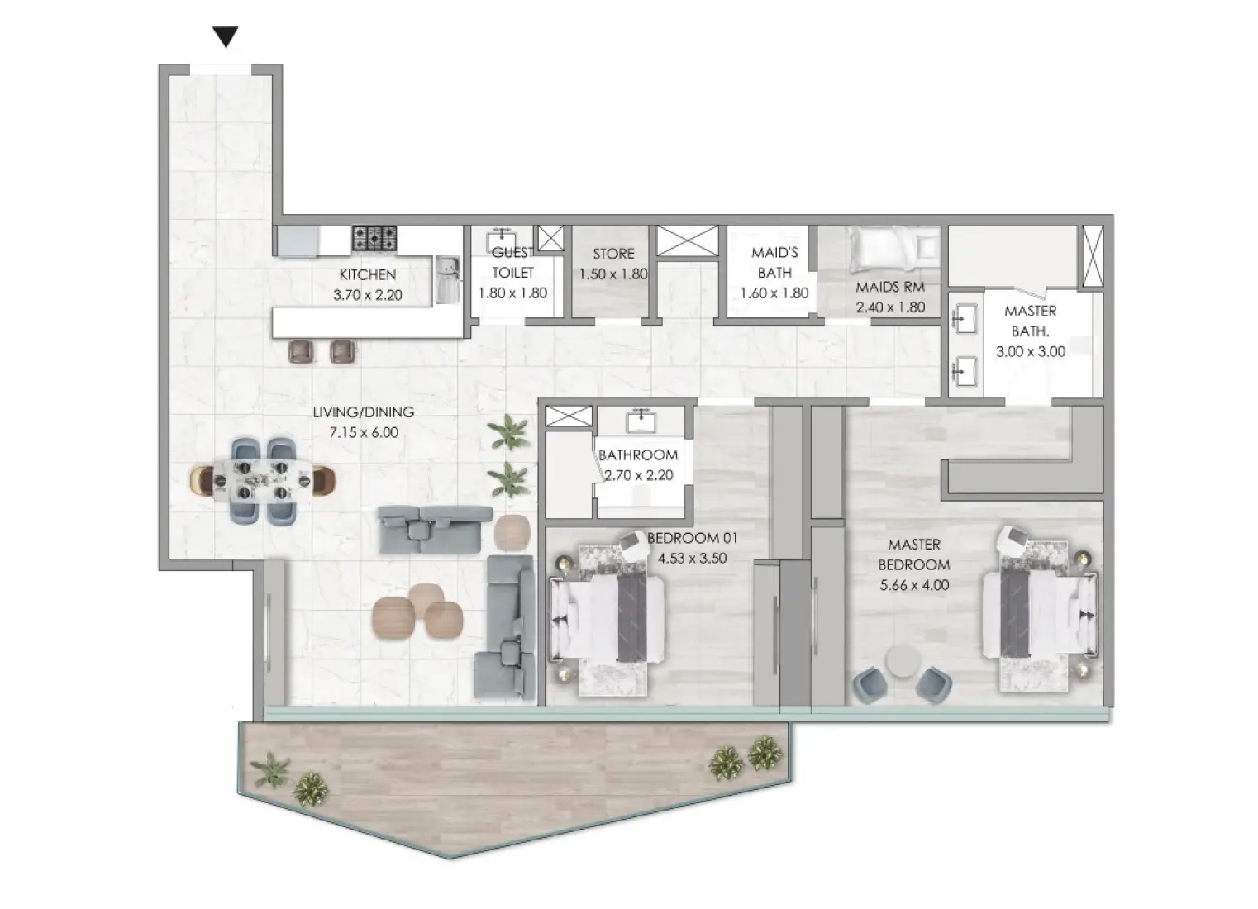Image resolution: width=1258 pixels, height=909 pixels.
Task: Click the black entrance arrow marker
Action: click(225, 36)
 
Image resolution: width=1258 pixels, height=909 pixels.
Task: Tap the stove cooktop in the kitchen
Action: click(374, 239)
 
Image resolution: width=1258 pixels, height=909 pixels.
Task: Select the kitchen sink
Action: click(446, 278)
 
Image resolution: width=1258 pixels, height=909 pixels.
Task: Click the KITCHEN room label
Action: click(367, 274)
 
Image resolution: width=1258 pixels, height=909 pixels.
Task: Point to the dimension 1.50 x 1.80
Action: click(612, 274)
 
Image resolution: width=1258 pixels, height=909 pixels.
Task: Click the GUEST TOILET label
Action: click(512, 263)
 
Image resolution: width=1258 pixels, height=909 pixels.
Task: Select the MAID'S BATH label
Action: click(774, 263)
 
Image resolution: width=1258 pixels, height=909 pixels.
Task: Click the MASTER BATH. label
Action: click(1030, 321)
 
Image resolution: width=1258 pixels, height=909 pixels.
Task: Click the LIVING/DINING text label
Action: click(363, 412)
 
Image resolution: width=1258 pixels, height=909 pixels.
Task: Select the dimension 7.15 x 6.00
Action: click(363, 432)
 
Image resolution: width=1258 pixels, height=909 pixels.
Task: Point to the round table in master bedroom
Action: click(901, 662)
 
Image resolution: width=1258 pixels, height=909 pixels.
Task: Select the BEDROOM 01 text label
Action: click(692, 538)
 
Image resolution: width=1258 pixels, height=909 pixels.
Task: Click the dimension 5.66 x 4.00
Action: click(913, 585)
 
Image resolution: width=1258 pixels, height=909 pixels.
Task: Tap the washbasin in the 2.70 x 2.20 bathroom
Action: click(641, 421)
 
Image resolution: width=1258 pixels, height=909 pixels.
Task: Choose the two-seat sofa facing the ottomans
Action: click(428, 530)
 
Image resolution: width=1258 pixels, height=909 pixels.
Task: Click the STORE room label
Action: click(613, 254)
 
